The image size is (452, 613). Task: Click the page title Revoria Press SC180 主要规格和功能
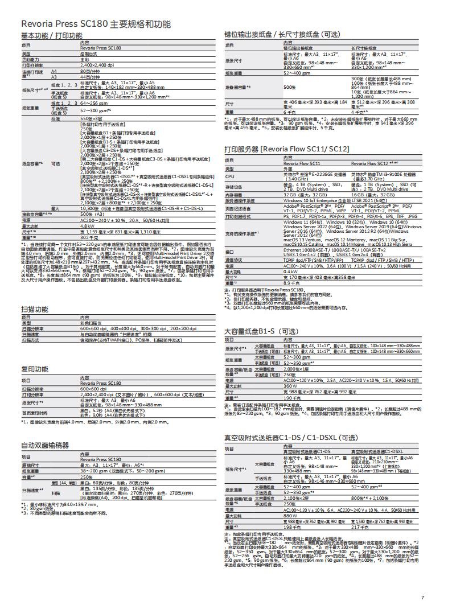click(95, 24)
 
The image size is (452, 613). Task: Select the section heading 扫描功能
click(35, 309)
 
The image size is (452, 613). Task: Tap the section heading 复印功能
click(35, 369)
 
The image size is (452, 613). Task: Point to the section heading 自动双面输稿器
click(45, 445)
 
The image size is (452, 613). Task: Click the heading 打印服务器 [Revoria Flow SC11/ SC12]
click(287, 149)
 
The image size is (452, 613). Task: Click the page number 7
click(422, 597)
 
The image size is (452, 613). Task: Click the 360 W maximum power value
click(290, 386)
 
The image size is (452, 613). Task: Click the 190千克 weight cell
click(291, 398)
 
